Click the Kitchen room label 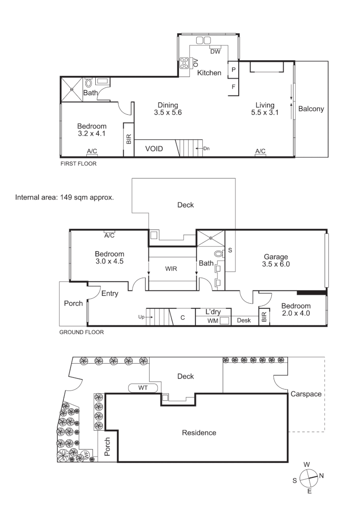pyautogui.click(x=209, y=73)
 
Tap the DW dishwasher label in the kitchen pyautogui.click(x=215, y=52)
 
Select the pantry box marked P pyautogui.click(x=233, y=69)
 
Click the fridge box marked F pyautogui.click(x=233, y=87)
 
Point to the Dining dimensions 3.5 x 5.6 pyautogui.click(x=167, y=113)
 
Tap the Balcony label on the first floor pyautogui.click(x=311, y=109)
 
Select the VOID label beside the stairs pyautogui.click(x=154, y=149)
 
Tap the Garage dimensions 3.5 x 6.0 pyautogui.click(x=276, y=264)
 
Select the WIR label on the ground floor pyautogui.click(x=171, y=268)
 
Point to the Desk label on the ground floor pyautogui.click(x=244, y=321)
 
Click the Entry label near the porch pyautogui.click(x=110, y=293)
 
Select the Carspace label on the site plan pyautogui.click(x=306, y=393)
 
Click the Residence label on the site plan pyautogui.click(x=199, y=433)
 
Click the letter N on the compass pyautogui.click(x=321, y=476)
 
